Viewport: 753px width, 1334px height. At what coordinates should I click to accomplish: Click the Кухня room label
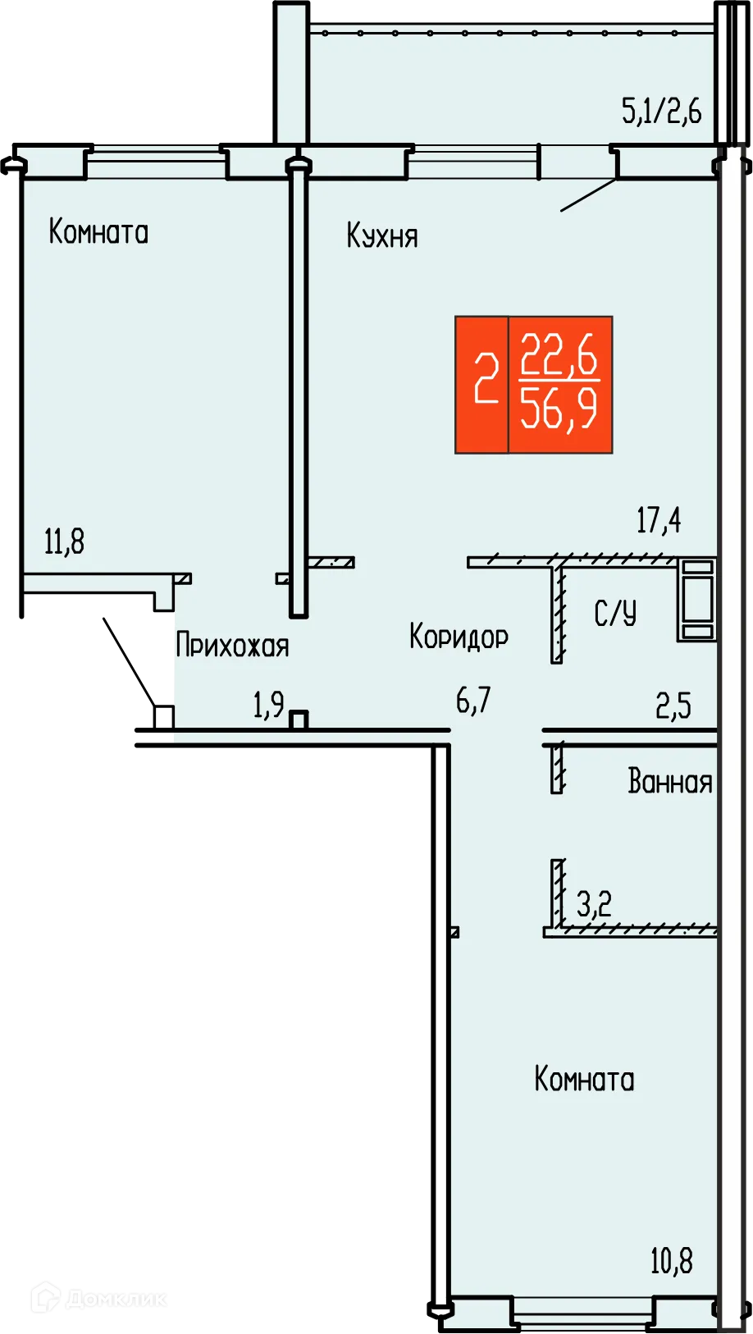pyautogui.click(x=382, y=236)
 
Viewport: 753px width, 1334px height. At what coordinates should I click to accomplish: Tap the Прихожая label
pyautogui.click(x=232, y=646)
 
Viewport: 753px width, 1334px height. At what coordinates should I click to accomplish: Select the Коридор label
pyautogui.click(x=459, y=637)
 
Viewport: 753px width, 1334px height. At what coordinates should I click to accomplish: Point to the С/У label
pyautogui.click(x=615, y=614)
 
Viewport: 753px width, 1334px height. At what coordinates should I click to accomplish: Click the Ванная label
pyautogui.click(x=669, y=782)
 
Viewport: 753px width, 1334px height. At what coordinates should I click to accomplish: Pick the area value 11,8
pyautogui.click(x=64, y=542)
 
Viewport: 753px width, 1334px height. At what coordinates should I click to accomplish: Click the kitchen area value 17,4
pyautogui.click(x=659, y=520)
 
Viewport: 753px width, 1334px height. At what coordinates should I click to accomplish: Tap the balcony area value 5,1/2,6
pyautogui.click(x=661, y=111)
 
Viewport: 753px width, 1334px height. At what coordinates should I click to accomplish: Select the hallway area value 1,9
pyautogui.click(x=268, y=705)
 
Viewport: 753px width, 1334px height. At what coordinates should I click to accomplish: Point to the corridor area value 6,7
pyautogui.click(x=473, y=701)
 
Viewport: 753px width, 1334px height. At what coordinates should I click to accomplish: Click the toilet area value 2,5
pyautogui.click(x=673, y=706)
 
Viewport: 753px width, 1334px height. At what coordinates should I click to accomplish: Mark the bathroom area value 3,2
pyautogui.click(x=594, y=905)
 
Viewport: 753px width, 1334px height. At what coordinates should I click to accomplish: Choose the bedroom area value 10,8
pyautogui.click(x=671, y=1261)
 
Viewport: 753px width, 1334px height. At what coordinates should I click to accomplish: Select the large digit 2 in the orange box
pyautogui.click(x=486, y=379)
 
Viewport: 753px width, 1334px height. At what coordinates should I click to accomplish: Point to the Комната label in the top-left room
pyautogui.click(x=98, y=232)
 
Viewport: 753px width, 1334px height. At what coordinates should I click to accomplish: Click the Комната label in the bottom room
pyautogui.click(x=584, y=1079)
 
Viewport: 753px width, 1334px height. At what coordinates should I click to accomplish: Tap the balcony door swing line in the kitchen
pyautogui.click(x=588, y=195)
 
